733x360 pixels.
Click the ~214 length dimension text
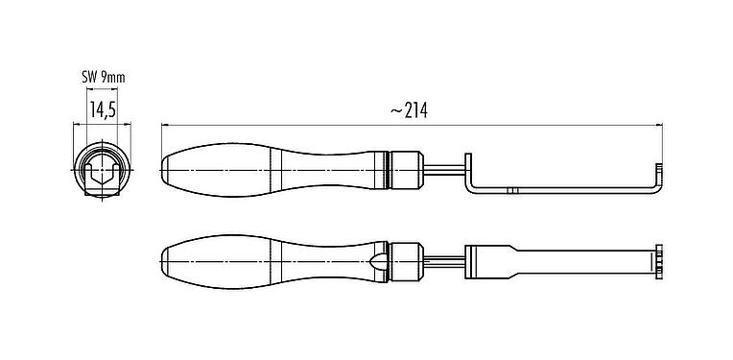(409, 110)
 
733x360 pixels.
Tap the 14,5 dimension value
(103, 110)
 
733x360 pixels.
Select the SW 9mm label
(102, 76)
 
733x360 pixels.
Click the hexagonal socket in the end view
(102, 175)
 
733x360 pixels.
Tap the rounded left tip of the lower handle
(165, 258)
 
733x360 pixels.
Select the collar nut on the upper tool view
(408, 168)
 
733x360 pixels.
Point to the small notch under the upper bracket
(512, 192)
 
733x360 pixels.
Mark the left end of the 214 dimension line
(161, 125)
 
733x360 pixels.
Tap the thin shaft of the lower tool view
(444, 259)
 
